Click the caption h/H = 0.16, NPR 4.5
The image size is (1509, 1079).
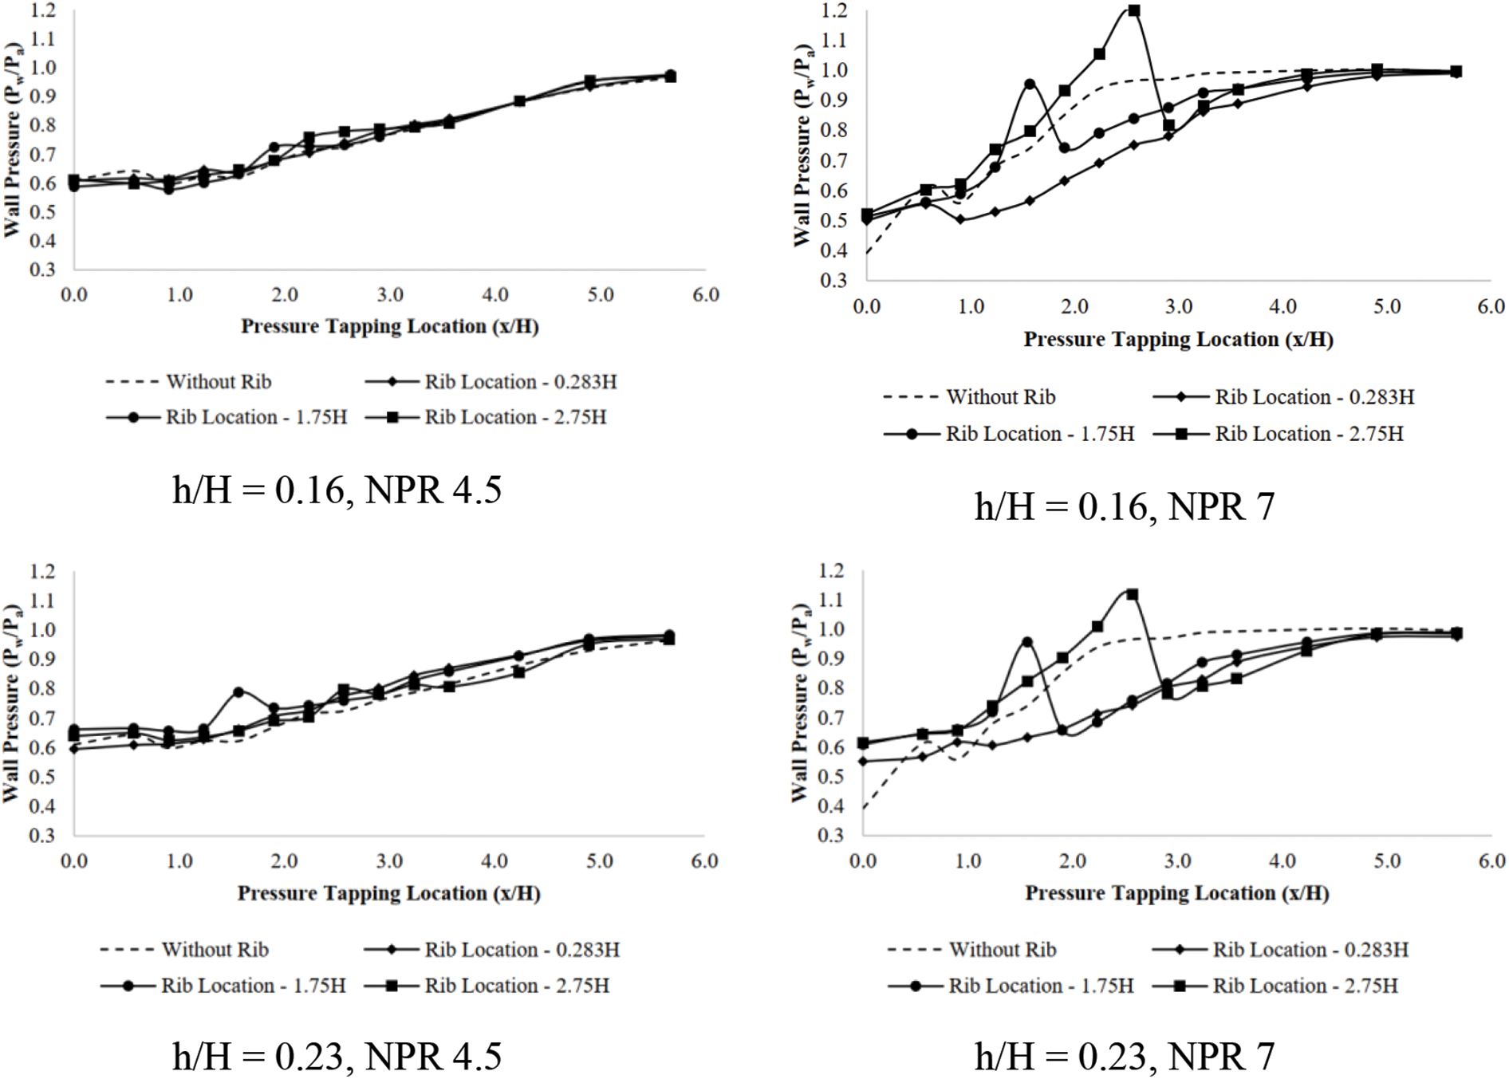(x=337, y=490)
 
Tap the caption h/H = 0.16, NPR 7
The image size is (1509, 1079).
(x=1124, y=506)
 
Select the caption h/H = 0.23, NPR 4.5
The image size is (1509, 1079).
(x=337, y=1057)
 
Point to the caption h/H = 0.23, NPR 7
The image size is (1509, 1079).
(x=1124, y=1057)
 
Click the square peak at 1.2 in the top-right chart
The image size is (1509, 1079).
(x=1133, y=11)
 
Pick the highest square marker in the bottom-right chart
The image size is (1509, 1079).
(x=1132, y=595)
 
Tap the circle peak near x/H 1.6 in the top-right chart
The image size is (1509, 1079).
(x=1030, y=84)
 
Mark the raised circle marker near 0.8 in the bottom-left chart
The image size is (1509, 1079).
(x=238, y=692)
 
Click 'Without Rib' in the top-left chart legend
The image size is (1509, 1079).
(x=218, y=382)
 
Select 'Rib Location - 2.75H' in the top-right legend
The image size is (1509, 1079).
(x=1308, y=434)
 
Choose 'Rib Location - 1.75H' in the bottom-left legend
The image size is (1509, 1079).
(x=253, y=986)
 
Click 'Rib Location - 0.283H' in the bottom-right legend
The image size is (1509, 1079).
(x=1310, y=950)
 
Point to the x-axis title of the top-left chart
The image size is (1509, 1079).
(x=389, y=326)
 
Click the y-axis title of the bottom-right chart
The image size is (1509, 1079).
(x=800, y=703)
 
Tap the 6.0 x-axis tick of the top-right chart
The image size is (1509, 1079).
(x=1490, y=307)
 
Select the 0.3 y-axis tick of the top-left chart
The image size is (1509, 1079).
(x=42, y=270)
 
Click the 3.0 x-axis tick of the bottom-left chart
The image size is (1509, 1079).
(x=389, y=861)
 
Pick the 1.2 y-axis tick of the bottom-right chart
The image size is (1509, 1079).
(x=830, y=570)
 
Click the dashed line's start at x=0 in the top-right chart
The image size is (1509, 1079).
(x=867, y=254)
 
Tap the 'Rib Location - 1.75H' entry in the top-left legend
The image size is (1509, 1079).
(x=255, y=417)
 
